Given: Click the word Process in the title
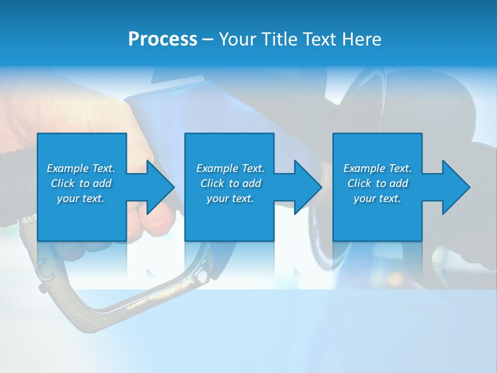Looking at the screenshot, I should point(163,39).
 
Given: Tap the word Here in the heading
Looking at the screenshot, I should point(362,39).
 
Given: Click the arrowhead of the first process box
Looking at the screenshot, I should point(159,187).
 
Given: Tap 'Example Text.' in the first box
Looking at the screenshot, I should point(81,168).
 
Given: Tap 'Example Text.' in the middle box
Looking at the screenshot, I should point(230,168).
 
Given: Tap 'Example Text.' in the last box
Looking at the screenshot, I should point(377,168).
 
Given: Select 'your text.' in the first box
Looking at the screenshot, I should point(81,198).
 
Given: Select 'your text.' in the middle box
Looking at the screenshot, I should point(230,198).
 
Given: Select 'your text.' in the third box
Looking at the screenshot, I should point(377,198).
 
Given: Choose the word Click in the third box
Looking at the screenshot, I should point(360,183).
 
